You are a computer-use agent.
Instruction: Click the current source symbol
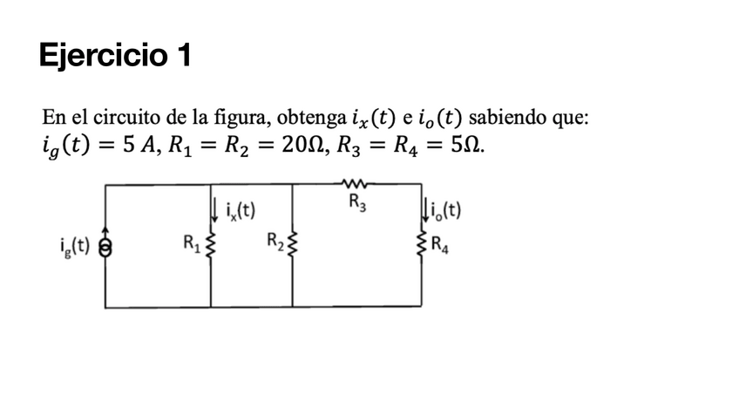(105, 247)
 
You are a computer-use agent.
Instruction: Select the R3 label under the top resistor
(356, 203)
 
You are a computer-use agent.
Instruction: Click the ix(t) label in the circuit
(239, 210)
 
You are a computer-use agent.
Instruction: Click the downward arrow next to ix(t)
(214, 208)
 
